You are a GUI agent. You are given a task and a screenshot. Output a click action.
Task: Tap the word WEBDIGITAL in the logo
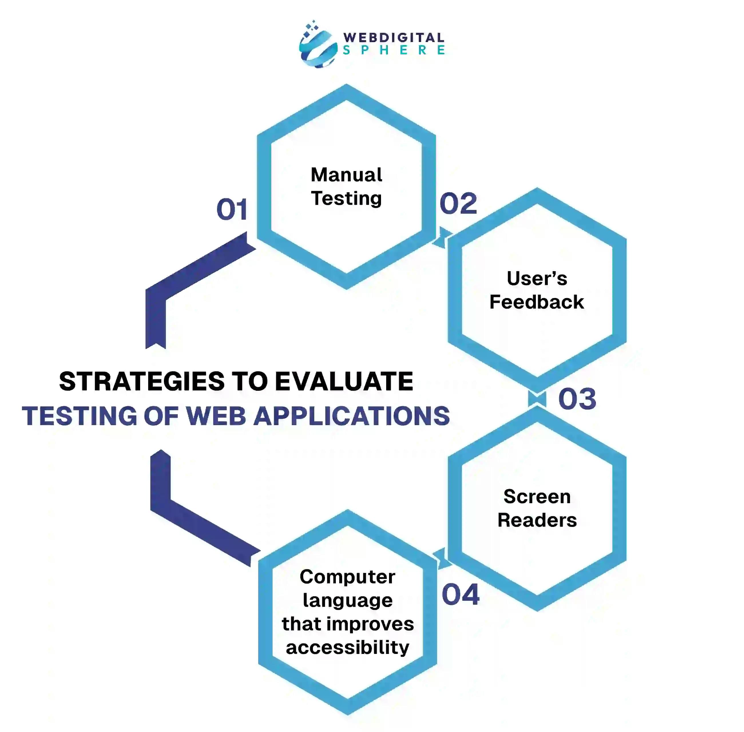pyautogui.click(x=394, y=38)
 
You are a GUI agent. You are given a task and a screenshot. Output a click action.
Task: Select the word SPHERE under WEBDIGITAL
pyautogui.click(x=394, y=50)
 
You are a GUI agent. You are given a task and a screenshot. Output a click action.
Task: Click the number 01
pyautogui.click(x=231, y=210)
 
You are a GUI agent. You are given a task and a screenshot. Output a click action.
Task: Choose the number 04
pyautogui.click(x=461, y=595)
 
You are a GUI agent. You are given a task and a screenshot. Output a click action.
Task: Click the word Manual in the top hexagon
pyautogui.click(x=346, y=175)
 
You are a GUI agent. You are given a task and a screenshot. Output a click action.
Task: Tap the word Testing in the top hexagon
pyautogui.click(x=346, y=199)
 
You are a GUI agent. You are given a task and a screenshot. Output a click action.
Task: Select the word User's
pyautogui.click(x=537, y=278)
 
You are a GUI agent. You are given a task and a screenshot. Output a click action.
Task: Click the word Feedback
pyautogui.click(x=537, y=302)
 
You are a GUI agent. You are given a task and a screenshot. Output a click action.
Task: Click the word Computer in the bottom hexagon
pyautogui.click(x=348, y=577)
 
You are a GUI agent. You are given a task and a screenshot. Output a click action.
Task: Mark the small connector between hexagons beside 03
pyautogui.click(x=537, y=399)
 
